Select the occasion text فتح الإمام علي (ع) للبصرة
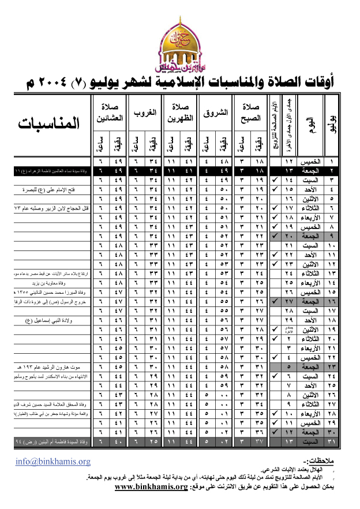pyautogui.click(x=63, y=189)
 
